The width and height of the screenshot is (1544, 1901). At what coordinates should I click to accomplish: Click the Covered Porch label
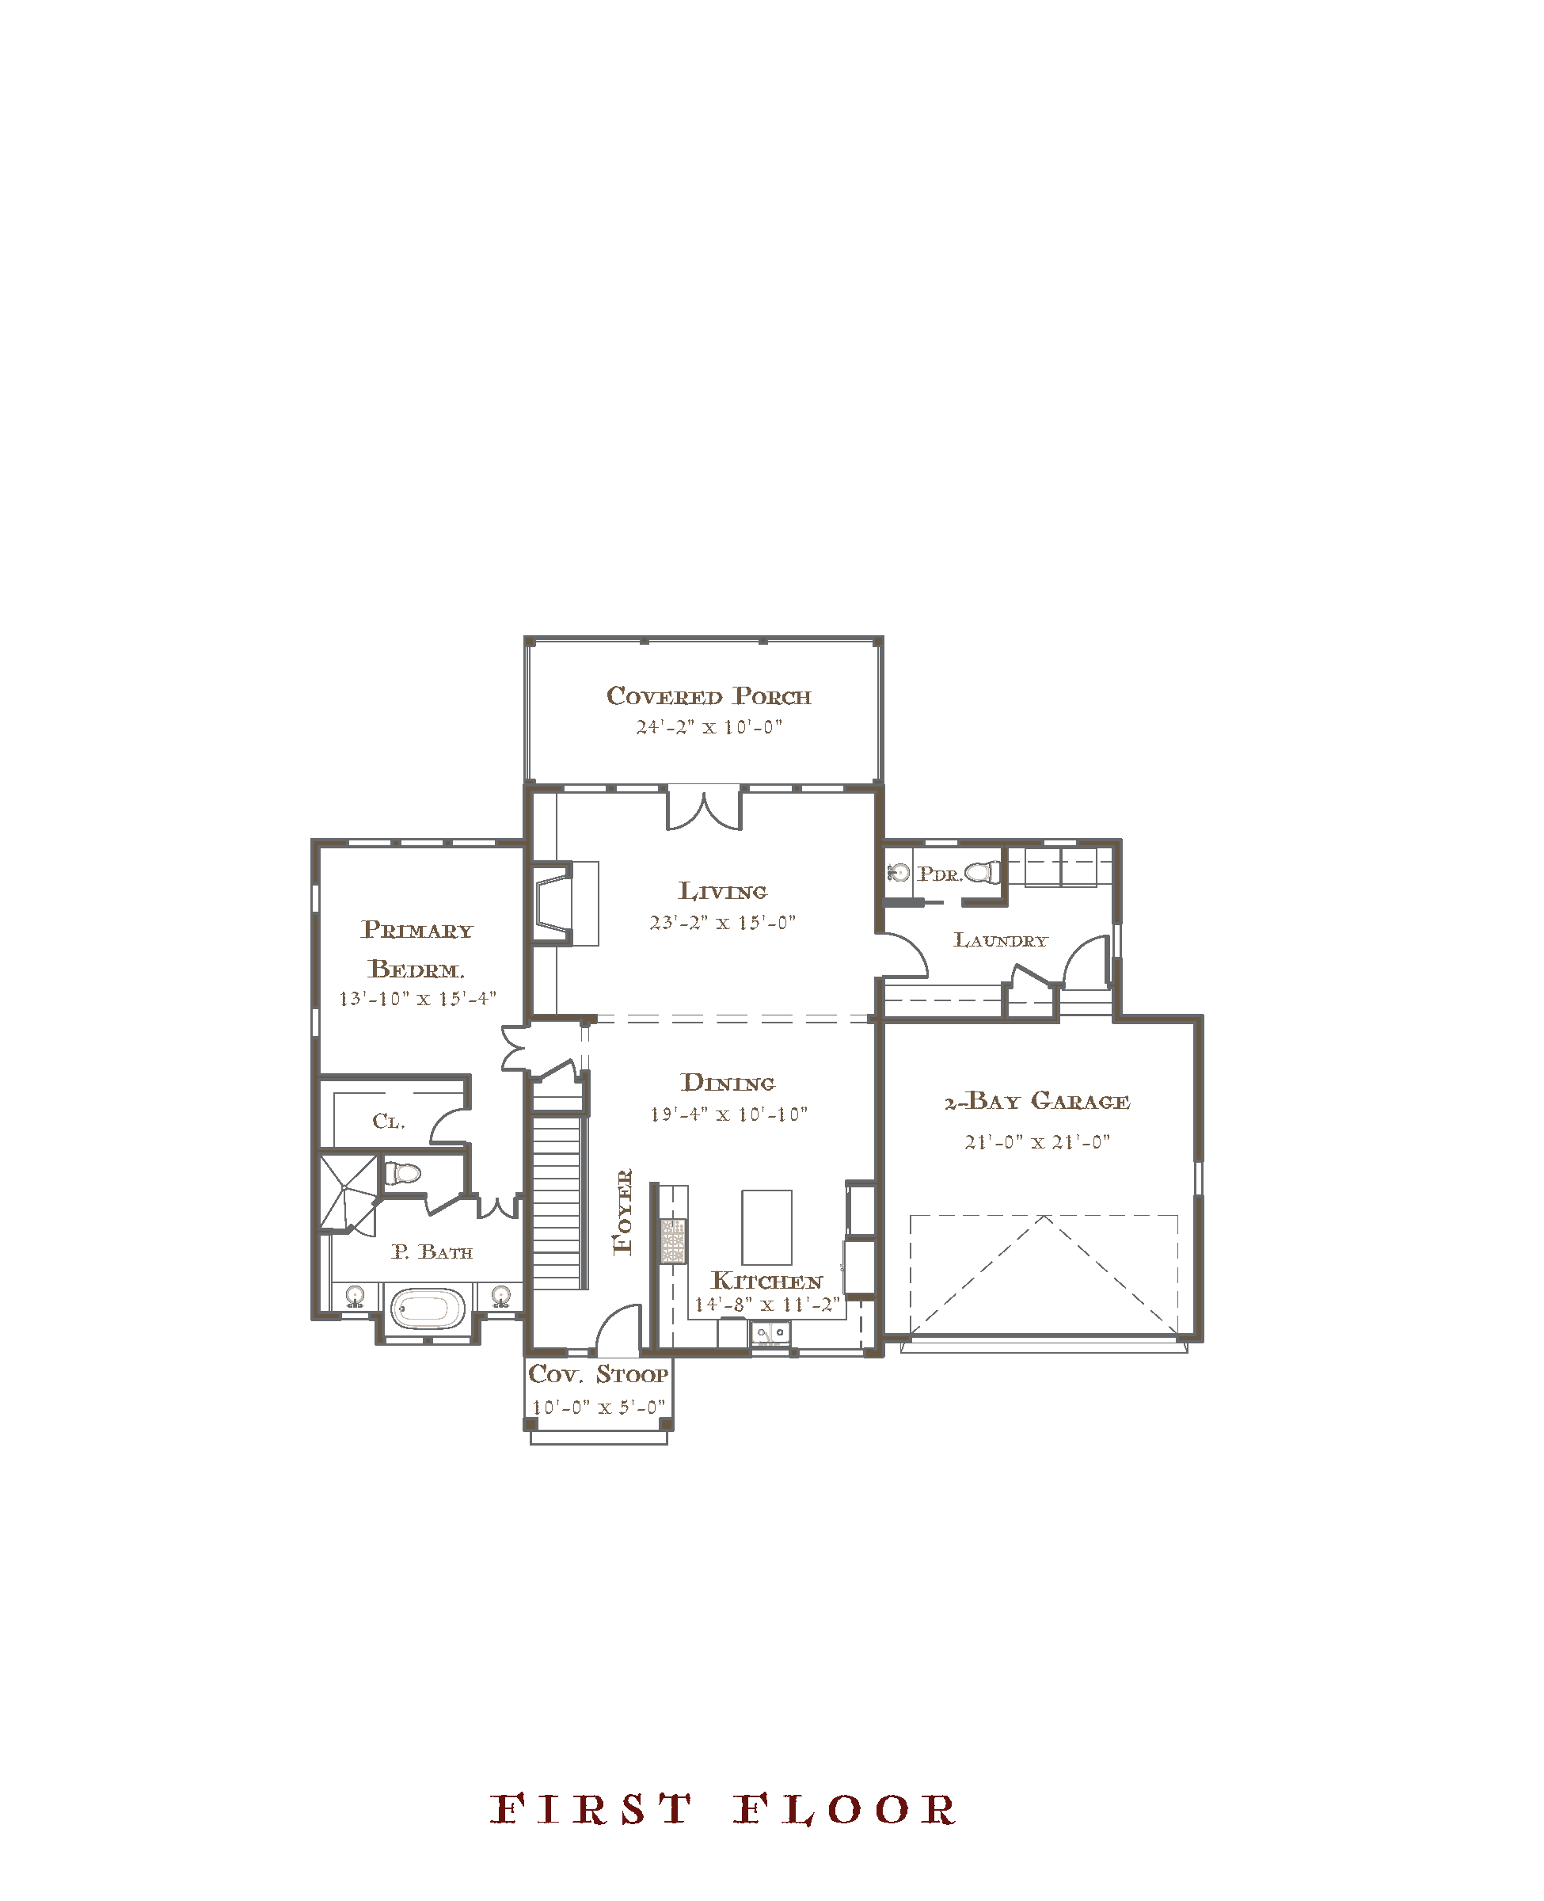point(709,696)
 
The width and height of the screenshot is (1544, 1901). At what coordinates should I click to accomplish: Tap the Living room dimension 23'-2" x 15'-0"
point(722,923)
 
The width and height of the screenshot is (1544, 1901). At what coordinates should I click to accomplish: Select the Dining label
point(728,1083)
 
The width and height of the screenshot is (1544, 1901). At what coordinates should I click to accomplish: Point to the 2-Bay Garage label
point(1037,1101)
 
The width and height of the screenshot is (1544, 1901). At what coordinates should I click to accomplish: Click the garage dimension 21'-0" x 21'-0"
point(1037,1142)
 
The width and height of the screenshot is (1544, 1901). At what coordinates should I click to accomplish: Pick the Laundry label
point(1001,940)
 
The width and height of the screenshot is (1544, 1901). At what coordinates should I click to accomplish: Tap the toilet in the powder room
point(983,873)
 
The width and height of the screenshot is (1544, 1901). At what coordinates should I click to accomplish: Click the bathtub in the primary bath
point(426,1308)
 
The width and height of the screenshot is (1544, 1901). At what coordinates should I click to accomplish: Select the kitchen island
point(766,1228)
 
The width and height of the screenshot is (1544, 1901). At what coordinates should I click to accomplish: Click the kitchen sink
point(770,1331)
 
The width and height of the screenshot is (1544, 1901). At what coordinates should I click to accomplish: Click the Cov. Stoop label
point(598,1374)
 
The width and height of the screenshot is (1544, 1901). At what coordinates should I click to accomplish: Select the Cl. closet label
point(389,1121)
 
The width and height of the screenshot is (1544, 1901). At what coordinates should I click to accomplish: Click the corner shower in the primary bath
point(348,1193)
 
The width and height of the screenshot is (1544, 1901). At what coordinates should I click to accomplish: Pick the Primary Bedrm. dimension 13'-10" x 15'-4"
point(417,999)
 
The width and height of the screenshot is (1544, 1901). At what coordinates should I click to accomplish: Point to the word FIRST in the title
point(591,1810)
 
